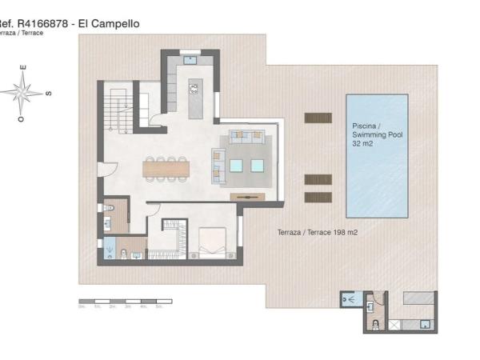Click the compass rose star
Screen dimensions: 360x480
coord(24,92)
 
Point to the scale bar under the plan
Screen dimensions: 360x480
coord(124,302)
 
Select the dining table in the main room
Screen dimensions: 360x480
coord(166,168)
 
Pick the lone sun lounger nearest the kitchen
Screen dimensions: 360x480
coord(318,118)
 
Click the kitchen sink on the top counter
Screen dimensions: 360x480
coord(190,58)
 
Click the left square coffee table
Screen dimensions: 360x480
coord(237,166)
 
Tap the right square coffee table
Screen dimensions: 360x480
coord(257,166)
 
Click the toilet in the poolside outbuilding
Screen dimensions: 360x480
coord(374,325)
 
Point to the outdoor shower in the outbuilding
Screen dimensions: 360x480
coord(349,298)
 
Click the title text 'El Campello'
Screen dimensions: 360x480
coord(109,24)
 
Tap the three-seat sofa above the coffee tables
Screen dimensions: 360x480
coord(246,136)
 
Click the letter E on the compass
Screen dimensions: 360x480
coord(24,67)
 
